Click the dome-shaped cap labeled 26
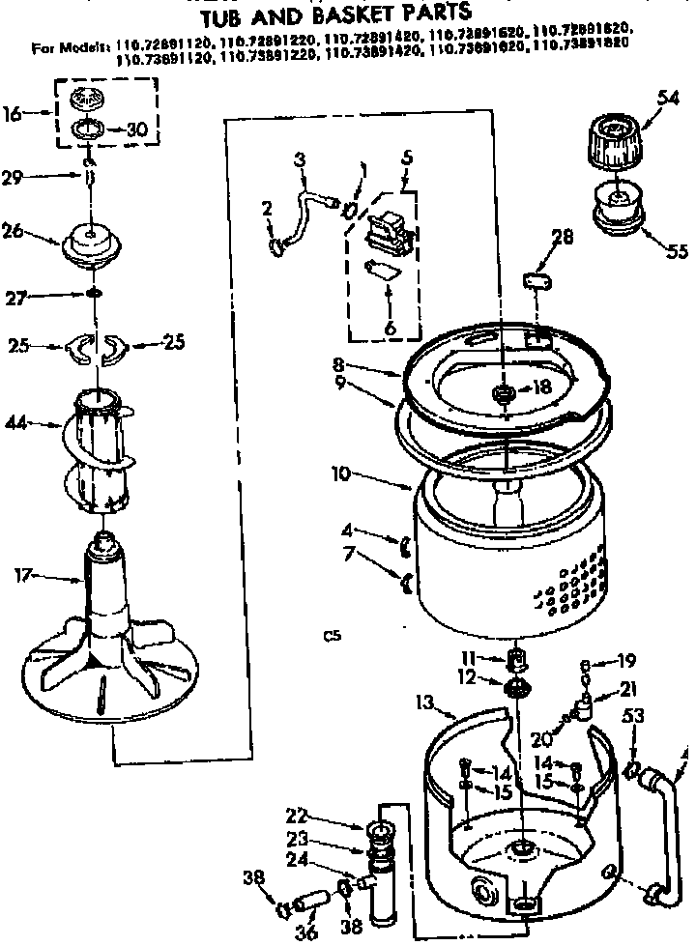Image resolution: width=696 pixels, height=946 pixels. [92, 243]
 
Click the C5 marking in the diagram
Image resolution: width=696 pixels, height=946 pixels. [333, 636]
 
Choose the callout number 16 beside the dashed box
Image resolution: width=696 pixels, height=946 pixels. [12, 113]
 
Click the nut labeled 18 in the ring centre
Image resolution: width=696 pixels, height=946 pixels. [502, 391]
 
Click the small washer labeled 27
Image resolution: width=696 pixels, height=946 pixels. [93, 293]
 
